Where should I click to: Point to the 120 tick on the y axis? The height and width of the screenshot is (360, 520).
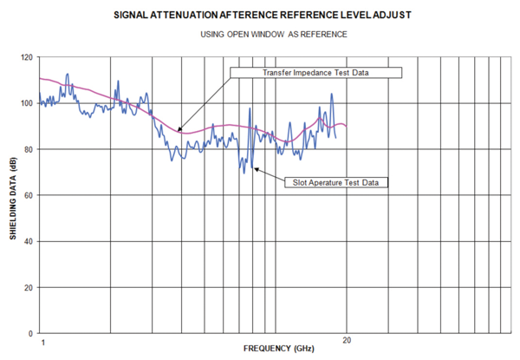click(x=27, y=58)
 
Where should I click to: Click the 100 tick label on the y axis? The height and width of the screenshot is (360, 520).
click(x=27, y=104)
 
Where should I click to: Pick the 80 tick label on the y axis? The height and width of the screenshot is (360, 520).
click(x=29, y=150)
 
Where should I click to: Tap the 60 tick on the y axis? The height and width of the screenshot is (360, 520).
click(x=29, y=196)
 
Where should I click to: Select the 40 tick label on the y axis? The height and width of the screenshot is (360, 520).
click(x=29, y=242)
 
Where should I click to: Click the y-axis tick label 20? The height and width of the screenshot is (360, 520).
click(x=29, y=288)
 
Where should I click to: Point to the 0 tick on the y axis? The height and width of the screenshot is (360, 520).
click(x=31, y=334)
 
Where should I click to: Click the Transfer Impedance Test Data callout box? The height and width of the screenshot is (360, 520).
click(x=316, y=73)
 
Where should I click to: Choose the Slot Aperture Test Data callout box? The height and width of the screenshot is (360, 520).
click(x=335, y=182)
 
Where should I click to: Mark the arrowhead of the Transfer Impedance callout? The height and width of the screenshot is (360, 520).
click(x=179, y=132)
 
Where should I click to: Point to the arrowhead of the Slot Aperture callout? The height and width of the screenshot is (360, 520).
click(x=251, y=163)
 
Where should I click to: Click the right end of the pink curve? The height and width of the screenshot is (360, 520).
click(x=347, y=127)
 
